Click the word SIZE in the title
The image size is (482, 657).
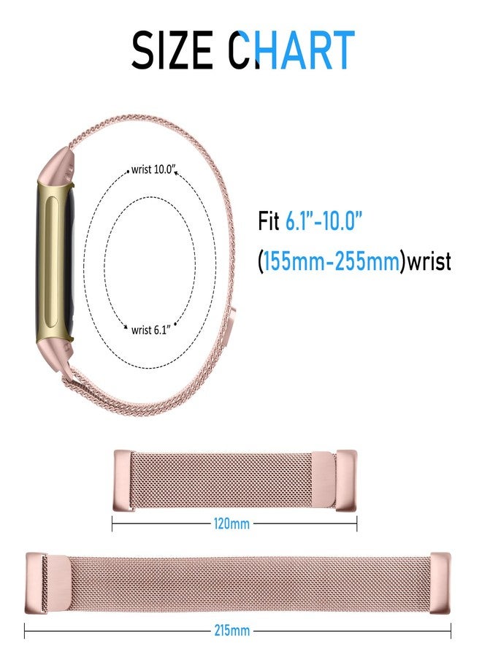click(x=172, y=50)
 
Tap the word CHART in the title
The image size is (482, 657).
click(x=291, y=50)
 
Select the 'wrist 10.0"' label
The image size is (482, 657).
click(x=152, y=169)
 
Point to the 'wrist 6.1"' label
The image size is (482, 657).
click(x=150, y=330)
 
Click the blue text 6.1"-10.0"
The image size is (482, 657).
click(x=323, y=220)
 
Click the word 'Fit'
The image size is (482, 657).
click(x=268, y=220)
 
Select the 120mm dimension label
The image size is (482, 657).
click(x=232, y=523)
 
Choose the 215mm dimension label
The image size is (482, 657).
click(x=232, y=630)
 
